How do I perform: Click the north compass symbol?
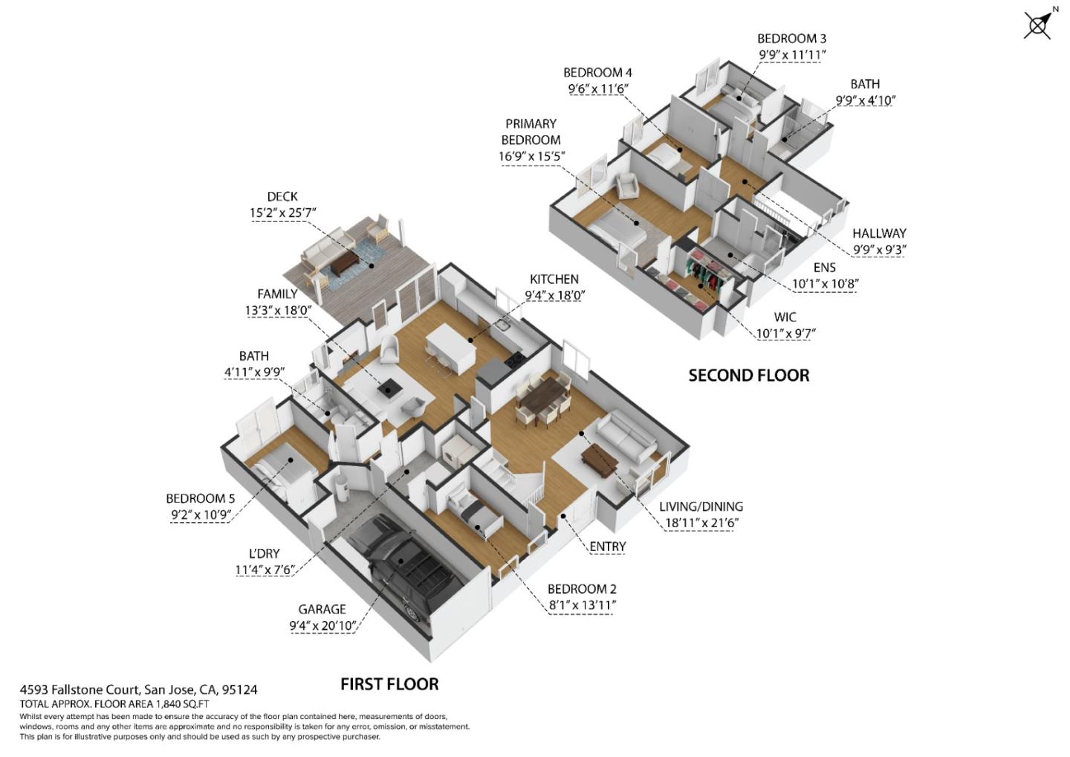(1039, 25)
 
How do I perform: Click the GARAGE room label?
(322, 609)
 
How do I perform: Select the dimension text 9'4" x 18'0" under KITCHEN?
(554, 295)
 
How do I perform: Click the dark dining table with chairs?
(542, 399)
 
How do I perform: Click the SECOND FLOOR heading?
(748, 376)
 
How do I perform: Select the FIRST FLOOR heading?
(389, 684)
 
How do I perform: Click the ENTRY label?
(607, 547)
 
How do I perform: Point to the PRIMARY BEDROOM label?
(531, 132)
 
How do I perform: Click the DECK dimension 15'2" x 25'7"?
(282, 213)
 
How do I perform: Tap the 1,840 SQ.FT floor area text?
(181, 703)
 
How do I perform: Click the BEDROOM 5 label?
(200, 498)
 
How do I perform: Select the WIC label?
(785, 317)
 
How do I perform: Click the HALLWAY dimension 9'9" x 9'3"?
(879, 251)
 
